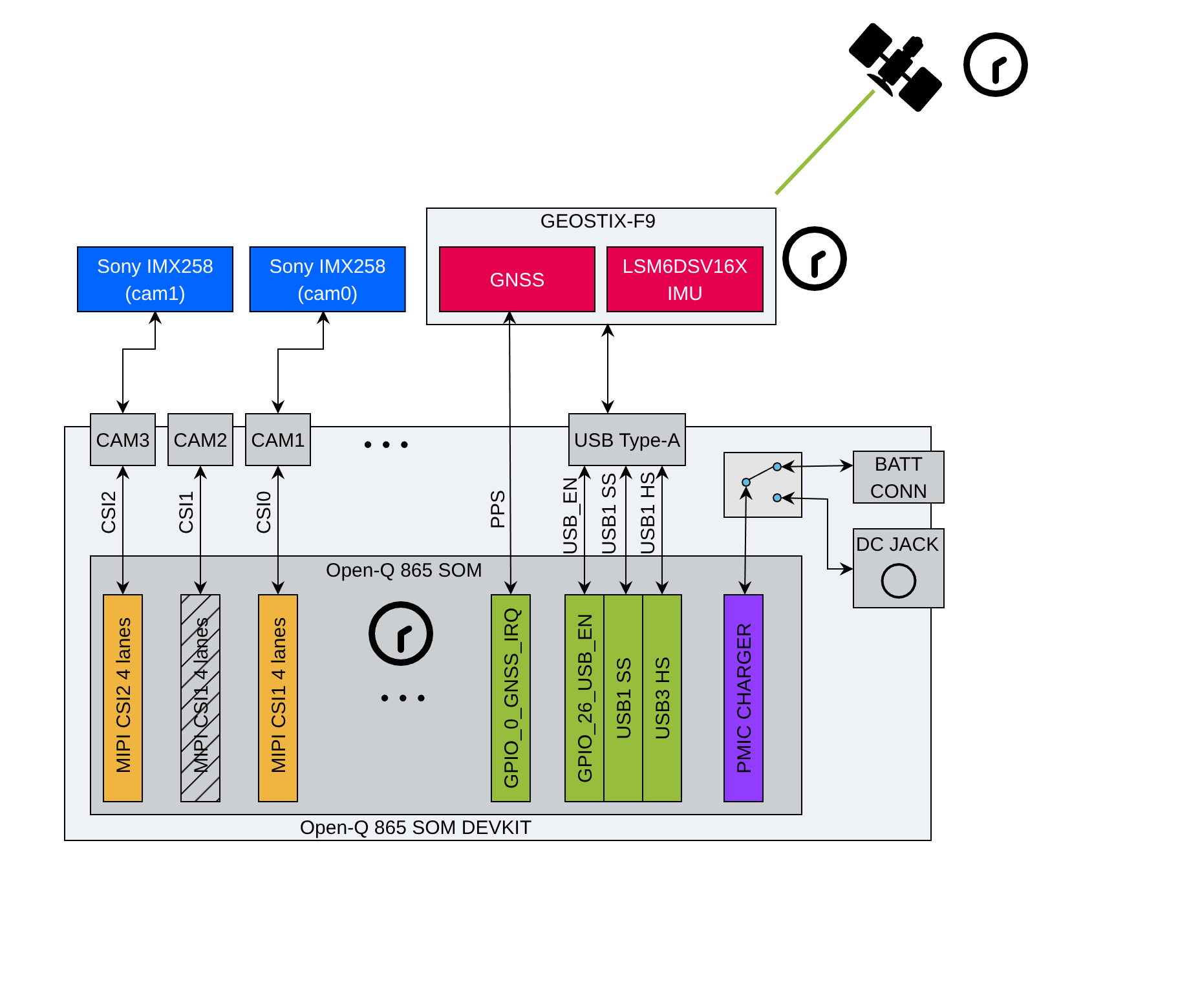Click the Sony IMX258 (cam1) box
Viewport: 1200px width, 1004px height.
click(x=155, y=279)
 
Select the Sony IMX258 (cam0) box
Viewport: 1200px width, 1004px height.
click(x=327, y=279)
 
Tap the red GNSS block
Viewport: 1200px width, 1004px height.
click(x=517, y=279)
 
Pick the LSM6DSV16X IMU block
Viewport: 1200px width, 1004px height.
click(x=685, y=279)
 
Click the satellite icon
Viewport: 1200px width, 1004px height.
click(x=895, y=67)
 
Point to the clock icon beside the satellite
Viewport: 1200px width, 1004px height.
click(x=995, y=65)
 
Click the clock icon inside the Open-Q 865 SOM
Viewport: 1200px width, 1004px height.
click(x=401, y=634)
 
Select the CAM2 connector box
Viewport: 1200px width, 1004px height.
click(x=200, y=440)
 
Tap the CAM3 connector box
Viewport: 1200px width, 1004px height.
click(x=123, y=440)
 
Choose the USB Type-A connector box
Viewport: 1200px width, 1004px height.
click(x=627, y=440)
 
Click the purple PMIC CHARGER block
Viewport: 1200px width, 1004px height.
click(x=744, y=698)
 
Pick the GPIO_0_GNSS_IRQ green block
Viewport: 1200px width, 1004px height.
click(x=511, y=698)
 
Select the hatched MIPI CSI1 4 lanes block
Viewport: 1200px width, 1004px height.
click(x=200, y=698)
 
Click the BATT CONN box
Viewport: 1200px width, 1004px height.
click(x=898, y=477)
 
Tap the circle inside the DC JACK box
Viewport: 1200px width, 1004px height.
click(x=898, y=581)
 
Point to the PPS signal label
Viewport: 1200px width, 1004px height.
click(x=497, y=509)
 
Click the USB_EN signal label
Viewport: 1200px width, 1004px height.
click(x=570, y=516)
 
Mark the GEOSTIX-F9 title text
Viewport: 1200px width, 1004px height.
click(x=597, y=221)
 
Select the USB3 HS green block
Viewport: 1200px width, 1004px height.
click(x=662, y=698)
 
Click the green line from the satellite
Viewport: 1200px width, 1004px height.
click(x=825, y=142)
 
